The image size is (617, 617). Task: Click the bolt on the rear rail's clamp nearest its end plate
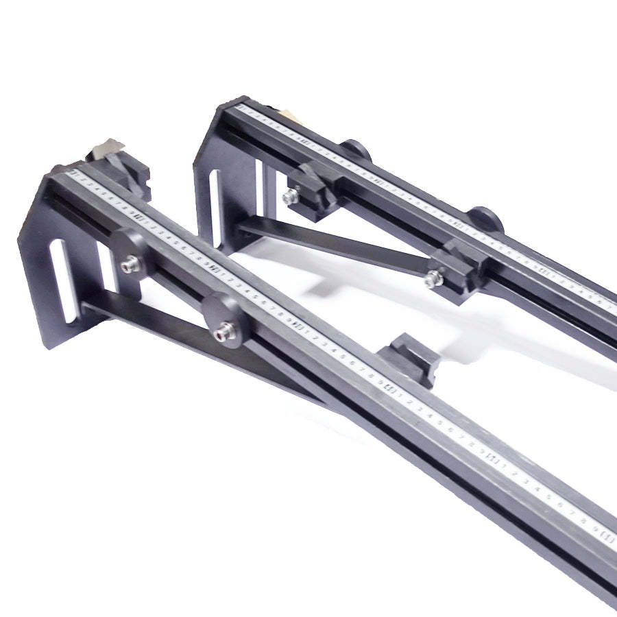click(x=287, y=197)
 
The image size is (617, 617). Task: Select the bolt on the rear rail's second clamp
click(x=433, y=278)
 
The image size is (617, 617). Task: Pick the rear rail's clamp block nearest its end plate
click(x=312, y=189)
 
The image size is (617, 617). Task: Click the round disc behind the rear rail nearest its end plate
click(x=356, y=149)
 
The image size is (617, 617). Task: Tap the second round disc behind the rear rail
click(x=488, y=217)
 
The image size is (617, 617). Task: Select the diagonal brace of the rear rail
click(x=336, y=247)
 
